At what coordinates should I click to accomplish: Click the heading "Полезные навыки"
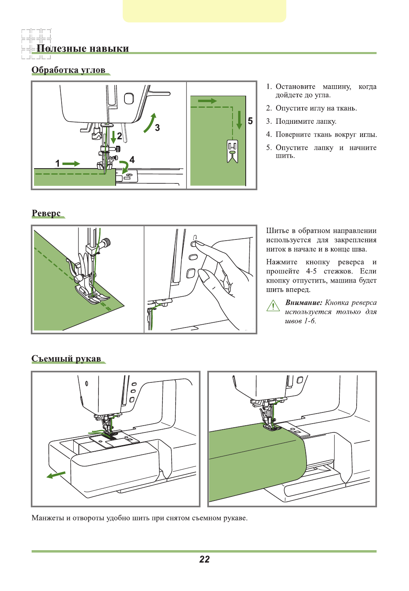click(82, 48)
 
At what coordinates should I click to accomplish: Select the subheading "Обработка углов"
click(68, 70)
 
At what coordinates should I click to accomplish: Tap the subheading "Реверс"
click(46, 213)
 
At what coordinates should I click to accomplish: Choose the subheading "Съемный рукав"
click(66, 358)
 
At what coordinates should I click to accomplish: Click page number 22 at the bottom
click(204, 559)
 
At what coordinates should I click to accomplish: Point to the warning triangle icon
click(273, 306)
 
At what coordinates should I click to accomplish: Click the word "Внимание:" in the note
click(303, 303)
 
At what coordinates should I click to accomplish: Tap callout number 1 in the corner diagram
click(58, 163)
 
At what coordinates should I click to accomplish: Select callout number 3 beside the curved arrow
click(157, 128)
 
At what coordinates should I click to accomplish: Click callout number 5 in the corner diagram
click(250, 121)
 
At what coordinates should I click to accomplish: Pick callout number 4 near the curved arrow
click(132, 159)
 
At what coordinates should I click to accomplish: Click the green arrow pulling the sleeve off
click(56, 475)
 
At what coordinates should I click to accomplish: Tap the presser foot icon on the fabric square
click(233, 151)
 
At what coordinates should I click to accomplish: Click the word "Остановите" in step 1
click(295, 87)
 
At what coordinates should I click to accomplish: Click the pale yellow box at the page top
click(204, 11)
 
